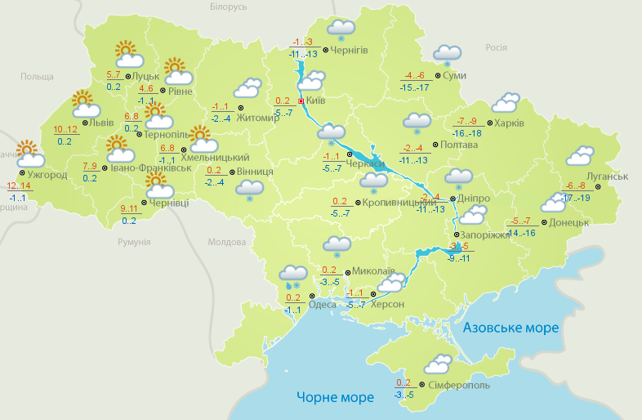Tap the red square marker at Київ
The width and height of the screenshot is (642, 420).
(301, 101)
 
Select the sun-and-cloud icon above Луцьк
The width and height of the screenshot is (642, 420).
(128, 55)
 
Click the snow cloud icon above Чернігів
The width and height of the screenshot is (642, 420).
(340, 29)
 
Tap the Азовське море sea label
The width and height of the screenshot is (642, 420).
(511, 328)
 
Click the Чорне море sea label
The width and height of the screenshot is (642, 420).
(335, 397)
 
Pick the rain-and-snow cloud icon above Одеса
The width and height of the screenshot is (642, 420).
(292, 276)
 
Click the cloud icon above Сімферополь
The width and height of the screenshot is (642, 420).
(437, 364)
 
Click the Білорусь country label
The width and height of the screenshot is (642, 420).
(228, 7)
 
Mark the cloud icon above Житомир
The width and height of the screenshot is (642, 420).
(247, 87)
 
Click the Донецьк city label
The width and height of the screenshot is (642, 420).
(568, 222)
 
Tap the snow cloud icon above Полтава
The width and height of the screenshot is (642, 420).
(417, 123)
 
